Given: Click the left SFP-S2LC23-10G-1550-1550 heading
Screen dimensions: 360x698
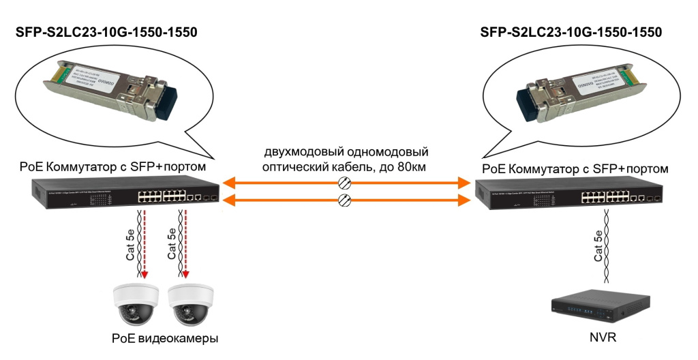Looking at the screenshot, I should (106, 32).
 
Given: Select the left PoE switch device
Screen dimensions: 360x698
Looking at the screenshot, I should (126, 194).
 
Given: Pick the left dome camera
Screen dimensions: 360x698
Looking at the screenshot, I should (135, 303).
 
